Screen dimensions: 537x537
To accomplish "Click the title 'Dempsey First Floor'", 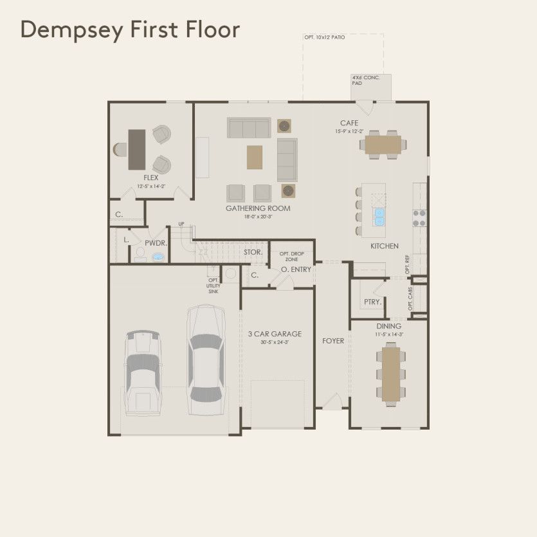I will pyautogui.click(x=130, y=30).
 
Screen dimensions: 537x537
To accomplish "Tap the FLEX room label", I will pyautogui.click(x=151, y=177).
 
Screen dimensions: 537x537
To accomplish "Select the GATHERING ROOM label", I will pyautogui.click(x=257, y=208).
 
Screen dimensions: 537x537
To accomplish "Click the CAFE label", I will pyautogui.click(x=349, y=123).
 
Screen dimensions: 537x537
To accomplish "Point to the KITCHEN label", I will pyautogui.click(x=384, y=246).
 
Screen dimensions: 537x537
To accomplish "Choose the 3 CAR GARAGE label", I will pyautogui.click(x=275, y=334).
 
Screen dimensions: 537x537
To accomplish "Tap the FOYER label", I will pyautogui.click(x=333, y=341).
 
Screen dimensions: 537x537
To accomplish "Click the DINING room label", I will pyautogui.click(x=389, y=325).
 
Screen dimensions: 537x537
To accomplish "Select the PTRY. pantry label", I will pyautogui.click(x=372, y=301).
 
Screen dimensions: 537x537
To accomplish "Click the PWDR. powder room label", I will pyautogui.click(x=156, y=243).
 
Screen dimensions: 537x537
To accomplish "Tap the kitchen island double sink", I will pyautogui.click(x=379, y=217).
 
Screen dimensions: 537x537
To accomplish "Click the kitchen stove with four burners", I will pyautogui.click(x=419, y=218).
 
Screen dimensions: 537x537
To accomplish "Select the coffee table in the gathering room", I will pyautogui.click(x=255, y=156).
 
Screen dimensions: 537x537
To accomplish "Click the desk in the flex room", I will pyautogui.click(x=137, y=149).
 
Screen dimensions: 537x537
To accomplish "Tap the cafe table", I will pyautogui.click(x=383, y=143).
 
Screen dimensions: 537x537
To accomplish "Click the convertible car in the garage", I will pyautogui.click(x=142, y=374).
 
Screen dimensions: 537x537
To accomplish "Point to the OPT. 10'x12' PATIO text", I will pyautogui.click(x=325, y=38).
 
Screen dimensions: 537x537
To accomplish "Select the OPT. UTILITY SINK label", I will pyautogui.click(x=214, y=286).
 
